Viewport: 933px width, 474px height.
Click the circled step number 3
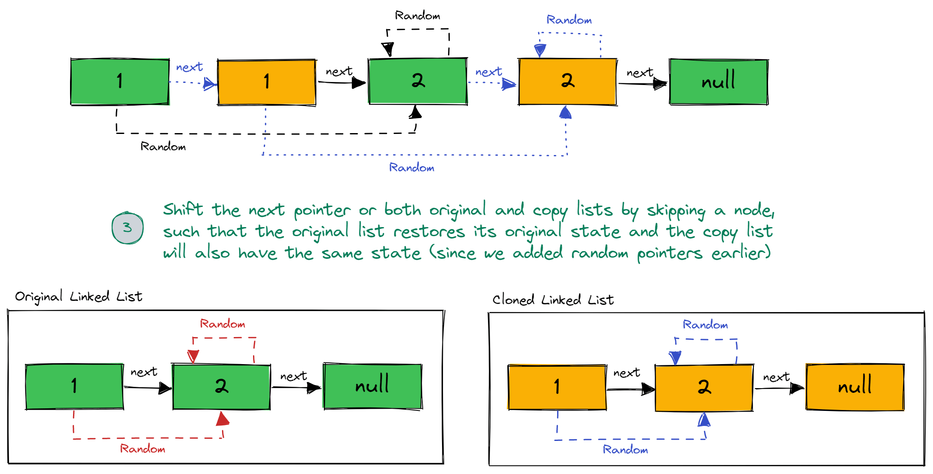127,228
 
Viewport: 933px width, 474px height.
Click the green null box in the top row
719,82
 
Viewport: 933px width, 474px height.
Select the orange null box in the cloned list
855,387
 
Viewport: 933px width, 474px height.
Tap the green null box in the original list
372,386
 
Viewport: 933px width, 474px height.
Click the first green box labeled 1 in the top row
120,82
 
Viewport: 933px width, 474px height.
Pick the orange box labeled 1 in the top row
267,82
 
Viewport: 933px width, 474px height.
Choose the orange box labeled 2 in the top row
567,82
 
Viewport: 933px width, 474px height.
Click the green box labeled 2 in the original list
221,387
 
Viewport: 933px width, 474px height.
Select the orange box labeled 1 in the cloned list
557,387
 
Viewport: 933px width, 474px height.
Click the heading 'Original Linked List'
79,297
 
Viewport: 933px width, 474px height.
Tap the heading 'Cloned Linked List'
553,300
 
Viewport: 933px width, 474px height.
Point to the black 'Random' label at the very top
418,16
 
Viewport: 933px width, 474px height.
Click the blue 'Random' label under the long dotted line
412,168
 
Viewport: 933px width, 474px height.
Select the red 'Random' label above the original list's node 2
223,324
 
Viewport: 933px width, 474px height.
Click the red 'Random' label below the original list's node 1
143,449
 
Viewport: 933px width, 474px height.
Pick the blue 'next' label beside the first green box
189,67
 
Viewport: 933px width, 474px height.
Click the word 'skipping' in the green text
676,211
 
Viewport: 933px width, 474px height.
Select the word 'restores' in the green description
429,232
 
